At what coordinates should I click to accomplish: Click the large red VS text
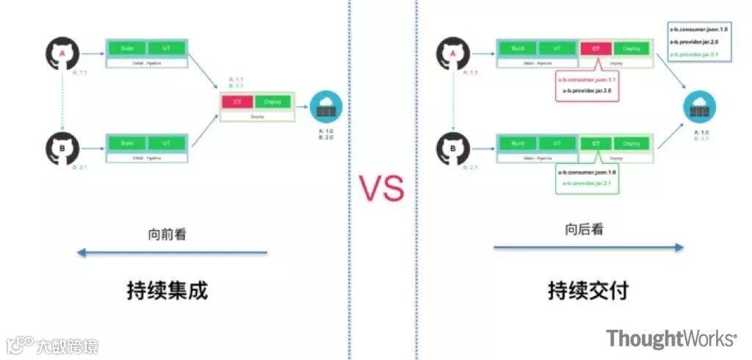(381, 187)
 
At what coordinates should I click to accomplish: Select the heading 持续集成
(167, 290)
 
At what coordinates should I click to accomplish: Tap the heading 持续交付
(588, 290)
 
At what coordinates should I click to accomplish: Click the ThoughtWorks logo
(670, 339)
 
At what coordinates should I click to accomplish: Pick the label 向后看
(585, 229)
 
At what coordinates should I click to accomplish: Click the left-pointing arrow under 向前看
(173, 253)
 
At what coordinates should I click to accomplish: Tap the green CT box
(596, 143)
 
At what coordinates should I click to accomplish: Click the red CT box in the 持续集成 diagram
(237, 101)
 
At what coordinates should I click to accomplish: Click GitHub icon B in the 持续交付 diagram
(454, 149)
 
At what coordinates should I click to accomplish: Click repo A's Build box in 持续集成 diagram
(127, 48)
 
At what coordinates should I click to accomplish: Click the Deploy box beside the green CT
(632, 143)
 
